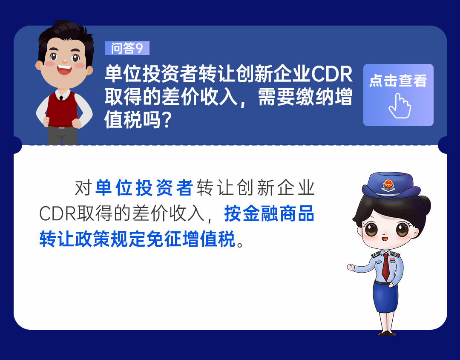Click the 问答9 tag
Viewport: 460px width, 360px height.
pos(127,48)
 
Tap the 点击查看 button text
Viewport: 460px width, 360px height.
pos(398,81)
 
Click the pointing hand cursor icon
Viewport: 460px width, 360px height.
pos(400,106)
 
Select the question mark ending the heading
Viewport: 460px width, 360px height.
pos(167,120)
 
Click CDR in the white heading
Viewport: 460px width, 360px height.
pos(332,74)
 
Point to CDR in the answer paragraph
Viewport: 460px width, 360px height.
pos(58,213)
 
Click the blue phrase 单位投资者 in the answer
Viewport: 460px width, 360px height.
pos(144,188)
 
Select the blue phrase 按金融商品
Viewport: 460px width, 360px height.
pos(269,213)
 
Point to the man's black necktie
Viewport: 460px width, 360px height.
pos(61,98)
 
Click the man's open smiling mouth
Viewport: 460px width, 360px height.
pos(65,69)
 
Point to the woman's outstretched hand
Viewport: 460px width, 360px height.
pos(351,267)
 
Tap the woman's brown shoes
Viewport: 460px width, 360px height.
pos(387,333)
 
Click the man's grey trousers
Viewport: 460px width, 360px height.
pos(62,136)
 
